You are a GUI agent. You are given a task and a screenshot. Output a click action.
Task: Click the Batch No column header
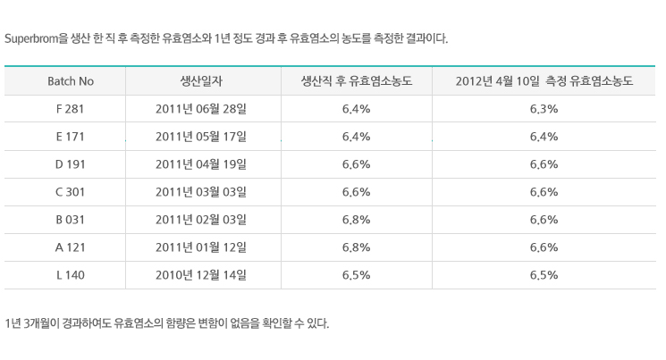coord(71,81)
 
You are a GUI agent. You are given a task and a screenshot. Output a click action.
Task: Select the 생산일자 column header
coord(201,81)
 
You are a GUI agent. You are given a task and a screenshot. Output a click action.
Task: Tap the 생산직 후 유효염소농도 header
coord(357,81)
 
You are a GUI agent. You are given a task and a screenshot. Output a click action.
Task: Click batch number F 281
coord(70,109)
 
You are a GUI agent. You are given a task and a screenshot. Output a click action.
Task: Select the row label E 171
coord(70,137)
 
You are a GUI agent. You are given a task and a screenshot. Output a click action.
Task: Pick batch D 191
coord(70,164)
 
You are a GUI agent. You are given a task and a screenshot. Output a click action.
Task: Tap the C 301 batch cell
coord(70,192)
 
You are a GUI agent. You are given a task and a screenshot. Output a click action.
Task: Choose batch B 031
coord(70,220)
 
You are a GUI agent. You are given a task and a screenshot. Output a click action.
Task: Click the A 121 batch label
coord(70,247)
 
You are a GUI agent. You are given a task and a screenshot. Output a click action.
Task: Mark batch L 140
coord(70,275)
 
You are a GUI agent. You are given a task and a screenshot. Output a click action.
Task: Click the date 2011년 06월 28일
coord(201,109)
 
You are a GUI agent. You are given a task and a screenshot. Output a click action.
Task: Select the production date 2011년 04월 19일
coord(201,164)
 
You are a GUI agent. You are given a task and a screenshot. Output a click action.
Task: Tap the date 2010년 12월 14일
coord(201,275)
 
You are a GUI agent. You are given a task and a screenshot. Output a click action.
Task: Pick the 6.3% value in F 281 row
coord(544,109)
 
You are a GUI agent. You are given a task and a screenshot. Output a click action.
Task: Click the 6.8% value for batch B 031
coord(357,220)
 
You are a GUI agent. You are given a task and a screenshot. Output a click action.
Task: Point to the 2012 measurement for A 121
coord(544,247)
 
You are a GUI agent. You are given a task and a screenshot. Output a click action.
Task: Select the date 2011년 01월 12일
coord(201,247)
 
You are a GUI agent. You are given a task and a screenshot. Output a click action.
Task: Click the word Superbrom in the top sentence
coord(31,38)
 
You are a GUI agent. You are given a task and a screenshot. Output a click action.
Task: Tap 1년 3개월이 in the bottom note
coord(32,323)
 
